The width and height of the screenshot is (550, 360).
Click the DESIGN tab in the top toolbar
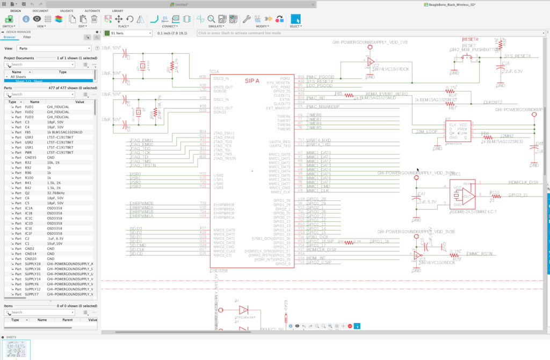click(x=16, y=11)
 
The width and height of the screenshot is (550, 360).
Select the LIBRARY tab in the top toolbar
click(x=117, y=11)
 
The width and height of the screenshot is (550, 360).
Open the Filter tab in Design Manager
click(x=27, y=38)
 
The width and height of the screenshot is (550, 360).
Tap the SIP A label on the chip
click(x=252, y=81)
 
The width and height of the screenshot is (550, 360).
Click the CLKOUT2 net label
click(x=493, y=102)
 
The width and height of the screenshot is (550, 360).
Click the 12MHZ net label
click(x=507, y=136)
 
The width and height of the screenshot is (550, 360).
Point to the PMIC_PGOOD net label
click(x=320, y=77)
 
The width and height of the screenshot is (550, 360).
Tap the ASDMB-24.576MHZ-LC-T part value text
click(x=474, y=212)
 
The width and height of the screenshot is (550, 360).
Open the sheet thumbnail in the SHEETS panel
click(x=17, y=349)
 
